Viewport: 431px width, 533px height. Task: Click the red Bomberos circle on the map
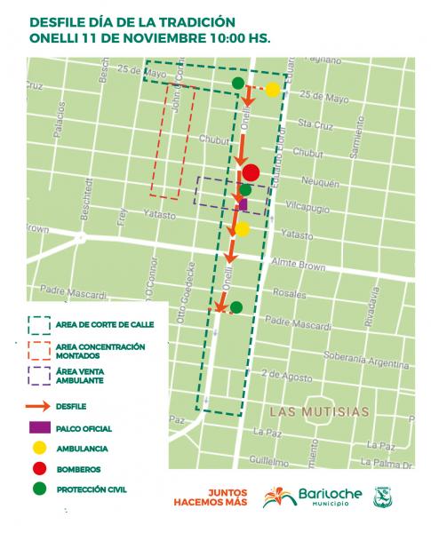click(x=251, y=173)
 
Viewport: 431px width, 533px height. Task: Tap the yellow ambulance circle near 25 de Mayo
click(x=272, y=89)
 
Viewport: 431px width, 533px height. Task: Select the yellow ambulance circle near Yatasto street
click(x=242, y=229)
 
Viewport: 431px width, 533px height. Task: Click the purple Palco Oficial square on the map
click(x=243, y=203)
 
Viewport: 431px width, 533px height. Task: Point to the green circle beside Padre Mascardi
click(x=236, y=307)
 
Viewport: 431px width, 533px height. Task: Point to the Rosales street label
click(x=289, y=292)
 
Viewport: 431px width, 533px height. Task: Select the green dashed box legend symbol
click(x=41, y=325)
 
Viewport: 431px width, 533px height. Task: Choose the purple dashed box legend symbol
click(x=41, y=376)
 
